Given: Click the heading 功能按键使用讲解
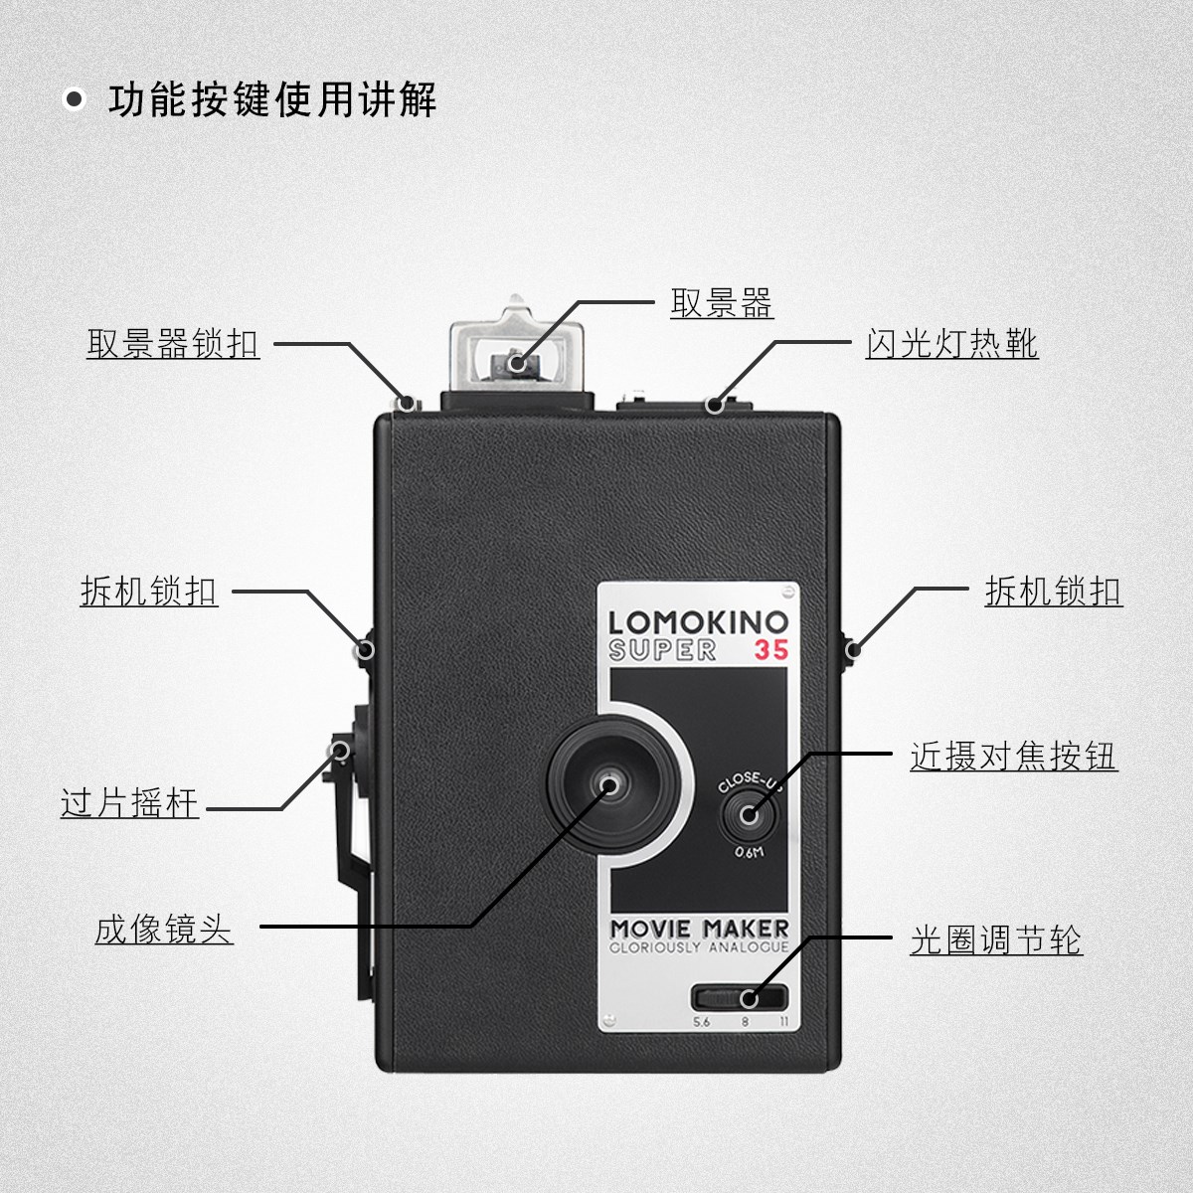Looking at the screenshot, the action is [272, 100].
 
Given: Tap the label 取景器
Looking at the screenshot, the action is [722, 303].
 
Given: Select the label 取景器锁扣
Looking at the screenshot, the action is [173, 344].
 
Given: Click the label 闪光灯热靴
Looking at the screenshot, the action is [951, 344].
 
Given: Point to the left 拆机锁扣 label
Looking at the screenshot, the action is [149, 592].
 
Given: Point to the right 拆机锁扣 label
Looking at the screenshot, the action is [1053, 592].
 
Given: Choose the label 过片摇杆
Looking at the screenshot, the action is [130, 803].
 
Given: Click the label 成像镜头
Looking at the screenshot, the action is [164, 930].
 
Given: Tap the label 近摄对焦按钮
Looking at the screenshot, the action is [1013, 757].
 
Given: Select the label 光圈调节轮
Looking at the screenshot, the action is [996, 939].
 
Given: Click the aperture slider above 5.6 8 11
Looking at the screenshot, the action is [741, 997].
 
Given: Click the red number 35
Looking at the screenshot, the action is [770, 650].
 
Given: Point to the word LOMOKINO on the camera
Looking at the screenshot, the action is [697, 623].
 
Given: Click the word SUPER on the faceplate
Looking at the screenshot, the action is [662, 650].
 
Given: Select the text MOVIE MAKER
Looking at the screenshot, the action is [699, 929].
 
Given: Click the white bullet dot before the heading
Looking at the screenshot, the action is [74, 100].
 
